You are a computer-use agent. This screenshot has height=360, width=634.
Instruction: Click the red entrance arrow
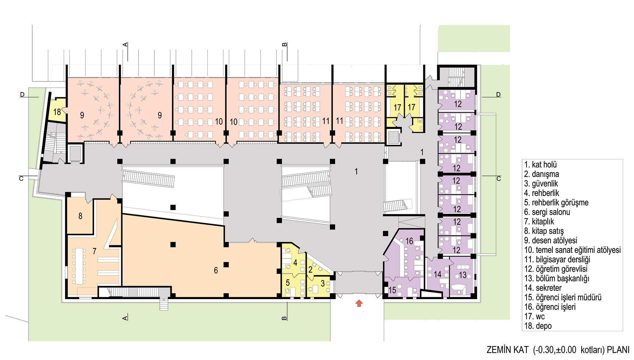tap(359, 303)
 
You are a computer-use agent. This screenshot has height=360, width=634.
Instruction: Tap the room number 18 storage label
tap(57, 112)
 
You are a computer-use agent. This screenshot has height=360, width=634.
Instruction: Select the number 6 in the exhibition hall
tap(216, 270)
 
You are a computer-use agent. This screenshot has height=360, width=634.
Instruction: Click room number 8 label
tap(80, 216)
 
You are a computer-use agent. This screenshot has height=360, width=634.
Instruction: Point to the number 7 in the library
tap(94, 251)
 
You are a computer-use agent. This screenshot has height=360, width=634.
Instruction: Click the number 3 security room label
tap(323, 283)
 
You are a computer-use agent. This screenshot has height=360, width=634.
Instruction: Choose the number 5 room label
tap(288, 283)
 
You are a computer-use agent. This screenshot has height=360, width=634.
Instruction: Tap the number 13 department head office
tap(463, 275)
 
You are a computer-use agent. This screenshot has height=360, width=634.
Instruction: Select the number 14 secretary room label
tap(438, 274)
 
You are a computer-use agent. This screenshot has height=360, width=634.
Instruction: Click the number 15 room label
tap(392, 290)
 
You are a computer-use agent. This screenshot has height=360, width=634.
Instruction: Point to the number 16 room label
tap(409, 241)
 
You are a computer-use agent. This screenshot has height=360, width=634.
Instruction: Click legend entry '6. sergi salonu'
tap(547, 212)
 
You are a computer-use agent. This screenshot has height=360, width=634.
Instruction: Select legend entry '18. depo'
tap(538, 326)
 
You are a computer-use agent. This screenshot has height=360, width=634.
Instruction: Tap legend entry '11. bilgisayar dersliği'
tap(557, 260)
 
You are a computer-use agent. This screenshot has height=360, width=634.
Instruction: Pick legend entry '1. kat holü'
tap(540, 164)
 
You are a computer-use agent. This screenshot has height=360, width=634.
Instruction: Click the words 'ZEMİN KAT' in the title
tap(508, 350)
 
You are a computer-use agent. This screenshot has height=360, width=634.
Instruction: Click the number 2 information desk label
tap(311, 269)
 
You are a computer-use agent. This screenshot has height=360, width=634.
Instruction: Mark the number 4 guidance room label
tap(295, 262)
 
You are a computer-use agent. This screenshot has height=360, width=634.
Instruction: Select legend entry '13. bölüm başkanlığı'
tap(557, 279)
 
